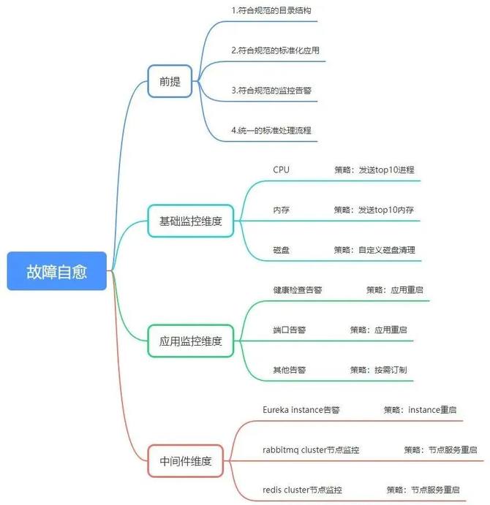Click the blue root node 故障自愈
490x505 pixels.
57,271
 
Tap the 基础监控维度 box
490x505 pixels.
190,220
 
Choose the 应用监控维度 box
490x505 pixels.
190,341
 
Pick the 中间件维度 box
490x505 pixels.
185,461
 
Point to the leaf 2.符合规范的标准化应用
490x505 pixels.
275,51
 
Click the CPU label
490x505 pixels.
281,170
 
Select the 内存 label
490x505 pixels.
281,210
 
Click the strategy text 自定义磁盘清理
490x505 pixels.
387,250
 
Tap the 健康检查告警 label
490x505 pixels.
297,289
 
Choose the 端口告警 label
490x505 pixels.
289,330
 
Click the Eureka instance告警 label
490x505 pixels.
301,410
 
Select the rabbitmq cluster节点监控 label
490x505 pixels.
310,449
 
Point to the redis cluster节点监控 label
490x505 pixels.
302,490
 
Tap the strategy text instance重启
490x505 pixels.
432,410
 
